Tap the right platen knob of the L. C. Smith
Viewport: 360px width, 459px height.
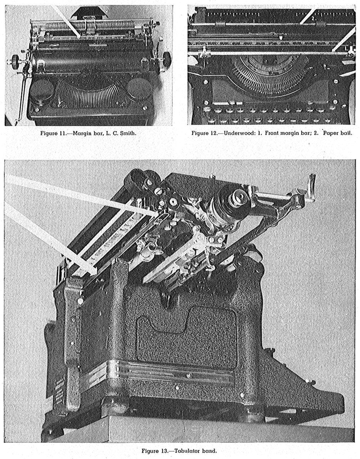167,59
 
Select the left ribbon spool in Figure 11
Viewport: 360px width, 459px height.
42,93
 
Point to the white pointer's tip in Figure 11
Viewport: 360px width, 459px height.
80,38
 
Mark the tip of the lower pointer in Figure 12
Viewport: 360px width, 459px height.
333,51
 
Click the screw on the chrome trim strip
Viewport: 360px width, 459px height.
189,375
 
